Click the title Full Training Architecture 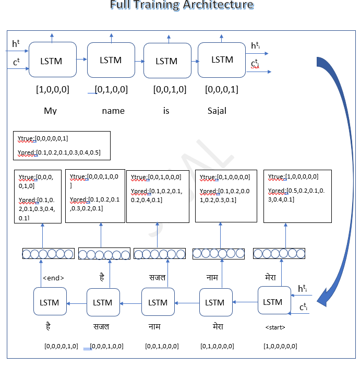(x=182, y=6)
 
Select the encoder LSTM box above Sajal (x=222, y=60)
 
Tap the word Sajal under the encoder (x=217, y=111)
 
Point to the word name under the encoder (x=113, y=111)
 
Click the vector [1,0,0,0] (x=52, y=89)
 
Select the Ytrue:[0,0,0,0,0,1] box (x=62, y=145)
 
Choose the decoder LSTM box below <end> (x=50, y=301)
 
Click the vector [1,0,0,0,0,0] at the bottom (x=280, y=346)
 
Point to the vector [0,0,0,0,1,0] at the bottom (x=62, y=346)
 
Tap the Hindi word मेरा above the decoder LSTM (x=271, y=277)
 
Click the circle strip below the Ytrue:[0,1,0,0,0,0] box (x=219, y=254)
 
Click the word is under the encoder (x=166, y=111)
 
